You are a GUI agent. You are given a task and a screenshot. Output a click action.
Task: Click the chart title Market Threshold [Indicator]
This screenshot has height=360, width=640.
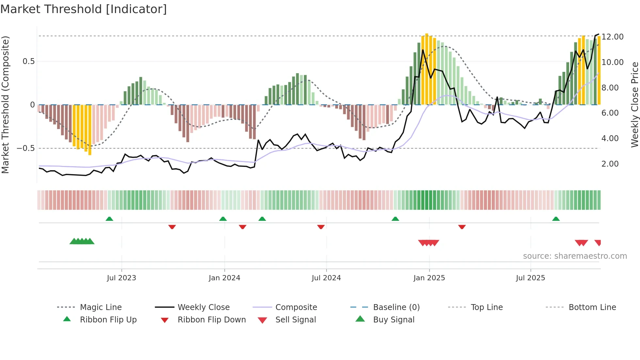tap(84, 9)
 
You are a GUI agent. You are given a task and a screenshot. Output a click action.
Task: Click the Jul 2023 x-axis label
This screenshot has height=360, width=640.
tap(121, 278)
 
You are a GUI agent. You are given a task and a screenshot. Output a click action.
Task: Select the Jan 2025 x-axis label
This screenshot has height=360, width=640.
tap(429, 278)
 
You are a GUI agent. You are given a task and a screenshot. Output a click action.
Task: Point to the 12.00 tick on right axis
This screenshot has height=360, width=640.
tap(613, 37)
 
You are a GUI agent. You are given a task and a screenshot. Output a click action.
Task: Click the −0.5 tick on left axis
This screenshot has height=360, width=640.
tap(26, 148)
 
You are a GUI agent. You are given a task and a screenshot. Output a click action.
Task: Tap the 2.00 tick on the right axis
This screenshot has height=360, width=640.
tap(610, 164)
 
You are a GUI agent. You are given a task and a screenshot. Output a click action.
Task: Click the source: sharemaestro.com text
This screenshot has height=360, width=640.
tap(575, 256)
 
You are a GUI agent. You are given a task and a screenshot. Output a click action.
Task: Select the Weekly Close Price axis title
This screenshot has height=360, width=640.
tap(634, 105)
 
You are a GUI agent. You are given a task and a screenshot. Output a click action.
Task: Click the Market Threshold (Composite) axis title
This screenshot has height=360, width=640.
tap(6, 105)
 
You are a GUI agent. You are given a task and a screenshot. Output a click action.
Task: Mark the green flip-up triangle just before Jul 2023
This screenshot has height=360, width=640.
tap(109, 219)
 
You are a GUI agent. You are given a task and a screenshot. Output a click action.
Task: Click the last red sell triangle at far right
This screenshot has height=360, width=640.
tap(598, 243)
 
